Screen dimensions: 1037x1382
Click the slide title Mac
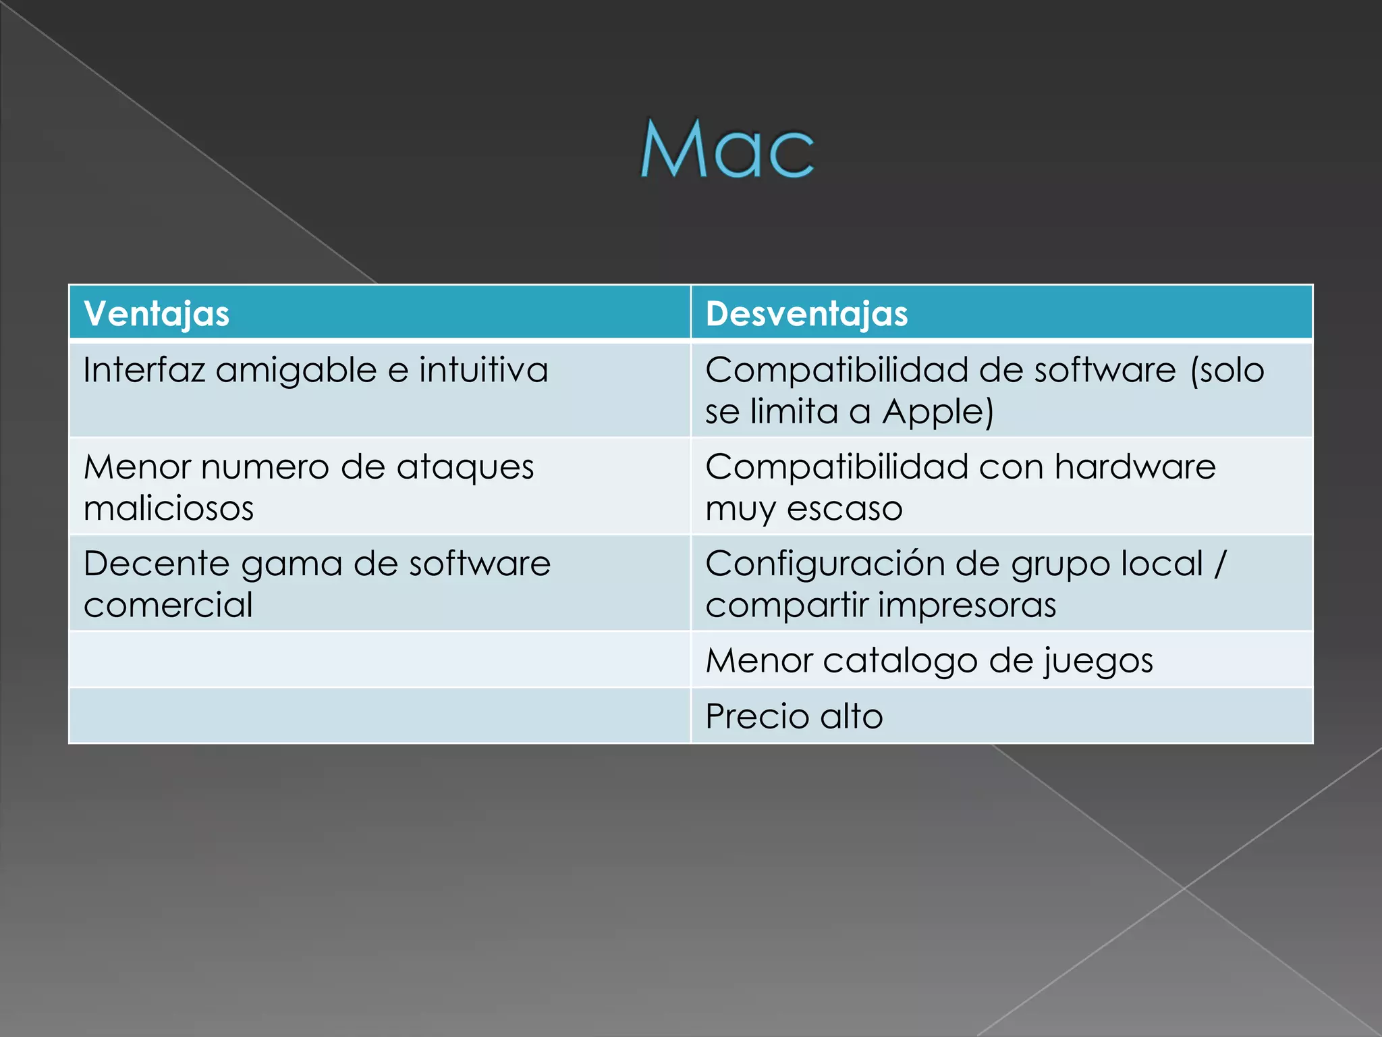(x=727, y=149)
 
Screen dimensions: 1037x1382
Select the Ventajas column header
(x=157, y=314)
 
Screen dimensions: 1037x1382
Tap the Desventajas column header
(x=806, y=314)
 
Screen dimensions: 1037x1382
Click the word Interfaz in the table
(x=143, y=370)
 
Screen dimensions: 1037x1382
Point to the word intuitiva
(x=483, y=370)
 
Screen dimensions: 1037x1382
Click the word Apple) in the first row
(x=938, y=412)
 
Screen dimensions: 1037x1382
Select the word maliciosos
(x=169, y=508)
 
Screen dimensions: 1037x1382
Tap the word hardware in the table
(x=1135, y=467)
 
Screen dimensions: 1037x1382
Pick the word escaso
(x=844, y=508)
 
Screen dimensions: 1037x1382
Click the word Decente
(x=157, y=564)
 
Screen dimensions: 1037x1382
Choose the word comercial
(x=169, y=605)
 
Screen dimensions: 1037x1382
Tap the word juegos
(x=1099, y=661)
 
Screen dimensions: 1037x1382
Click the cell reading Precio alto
(x=794, y=716)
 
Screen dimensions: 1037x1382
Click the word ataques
(x=465, y=467)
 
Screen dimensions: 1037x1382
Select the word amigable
(x=296, y=370)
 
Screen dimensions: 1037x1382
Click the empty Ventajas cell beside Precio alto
(x=380, y=716)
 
